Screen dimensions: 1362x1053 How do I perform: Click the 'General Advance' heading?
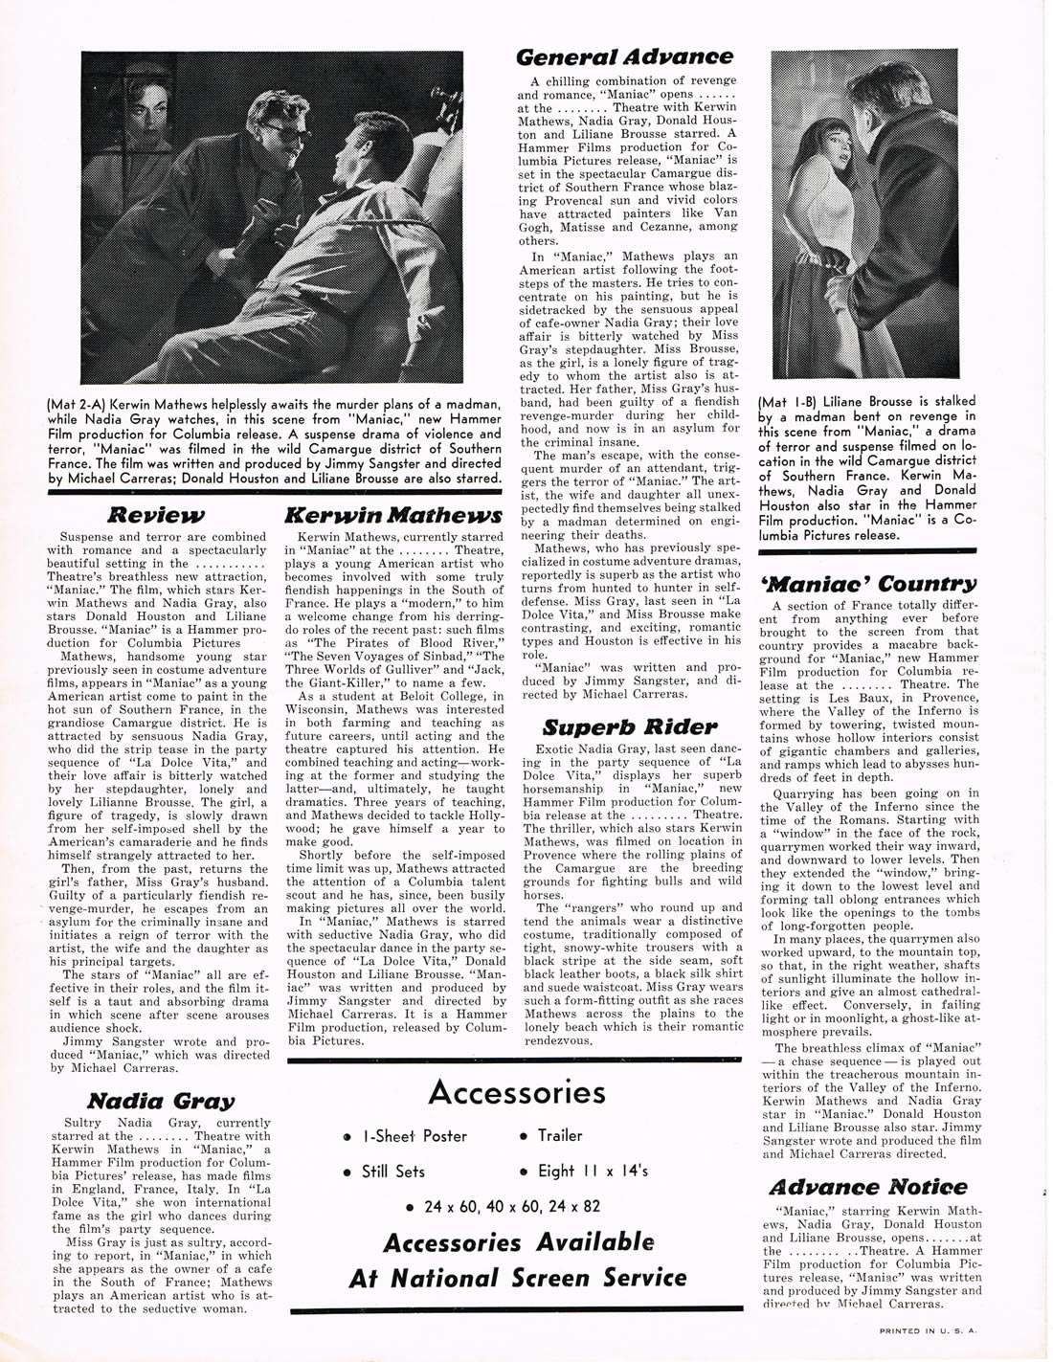pyautogui.click(x=624, y=57)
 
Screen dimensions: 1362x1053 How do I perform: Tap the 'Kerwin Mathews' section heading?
pyautogui.click(x=393, y=515)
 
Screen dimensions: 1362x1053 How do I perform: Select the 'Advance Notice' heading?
pyautogui.click(x=867, y=1187)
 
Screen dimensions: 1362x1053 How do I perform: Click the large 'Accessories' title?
pyautogui.click(x=517, y=1092)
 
